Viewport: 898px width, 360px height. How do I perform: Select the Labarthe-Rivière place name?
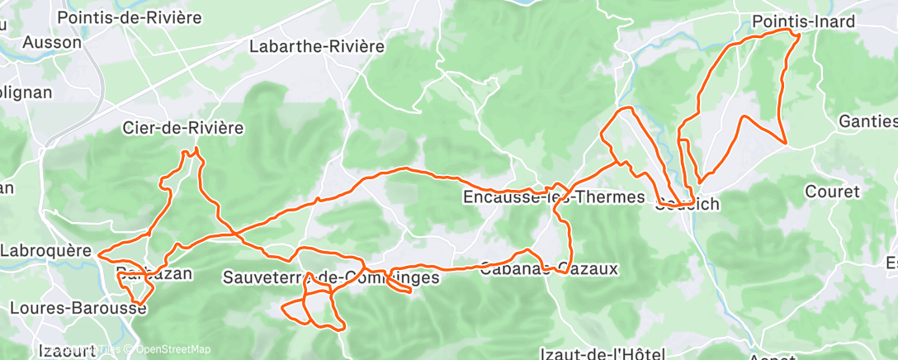318,46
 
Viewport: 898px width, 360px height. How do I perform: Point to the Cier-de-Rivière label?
182,128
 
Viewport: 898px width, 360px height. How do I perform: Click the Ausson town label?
52,42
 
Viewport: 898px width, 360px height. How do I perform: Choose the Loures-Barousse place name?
78,308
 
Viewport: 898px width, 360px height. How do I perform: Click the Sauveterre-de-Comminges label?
330,278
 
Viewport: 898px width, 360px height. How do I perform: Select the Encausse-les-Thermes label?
553,197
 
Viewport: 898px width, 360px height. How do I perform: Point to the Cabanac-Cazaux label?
548,268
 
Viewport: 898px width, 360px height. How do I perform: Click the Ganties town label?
867,121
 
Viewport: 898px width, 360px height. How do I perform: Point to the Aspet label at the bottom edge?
771,356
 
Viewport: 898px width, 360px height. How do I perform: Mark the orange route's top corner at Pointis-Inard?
799,33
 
